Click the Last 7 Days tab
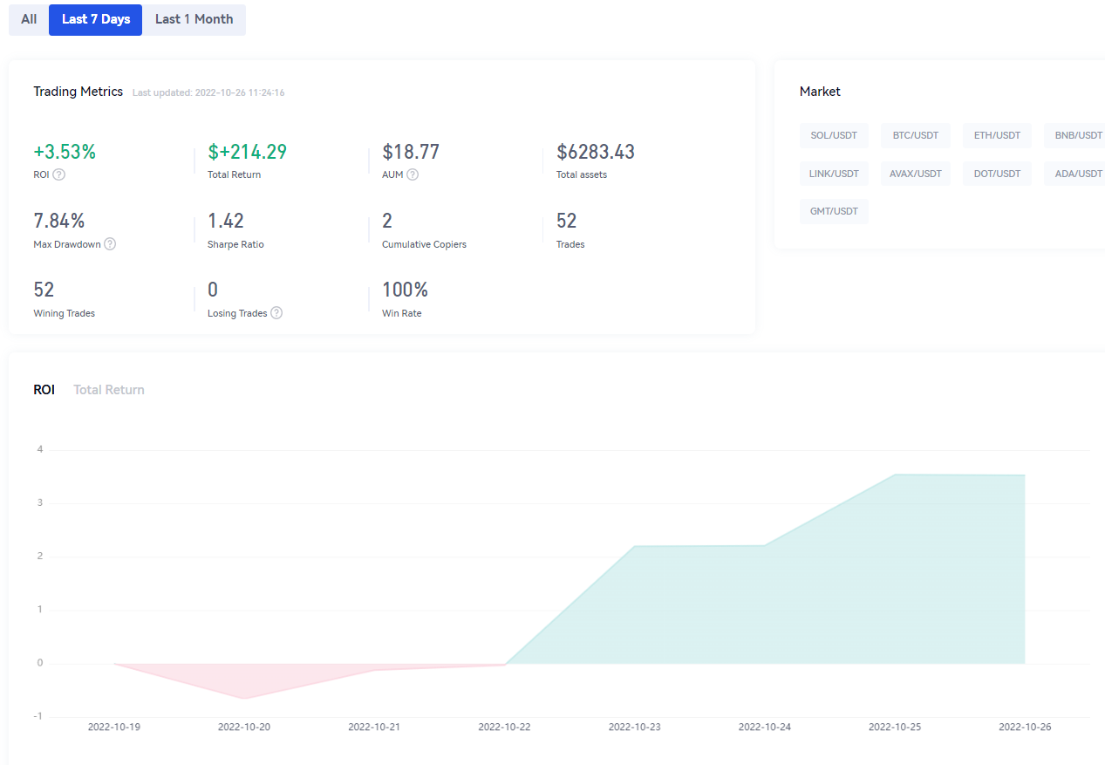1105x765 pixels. click(95, 19)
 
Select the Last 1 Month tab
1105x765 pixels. click(194, 19)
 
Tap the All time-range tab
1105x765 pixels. click(29, 19)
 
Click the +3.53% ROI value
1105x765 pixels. click(65, 152)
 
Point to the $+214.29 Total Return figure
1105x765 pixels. click(247, 152)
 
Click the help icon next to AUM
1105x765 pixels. click(413, 174)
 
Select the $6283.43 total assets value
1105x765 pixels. click(595, 152)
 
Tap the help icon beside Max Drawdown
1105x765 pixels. click(110, 244)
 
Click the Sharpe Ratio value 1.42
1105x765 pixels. click(225, 221)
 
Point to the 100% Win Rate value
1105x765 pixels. click(405, 290)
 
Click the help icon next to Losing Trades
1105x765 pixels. click(276, 313)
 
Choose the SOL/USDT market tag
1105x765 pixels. click(834, 135)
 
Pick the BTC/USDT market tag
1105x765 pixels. click(916, 135)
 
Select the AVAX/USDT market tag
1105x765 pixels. click(916, 174)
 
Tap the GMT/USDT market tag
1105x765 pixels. click(834, 211)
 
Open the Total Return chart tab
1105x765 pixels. click(109, 390)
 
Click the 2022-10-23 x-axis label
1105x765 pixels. click(635, 727)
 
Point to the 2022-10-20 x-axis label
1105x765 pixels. click(244, 727)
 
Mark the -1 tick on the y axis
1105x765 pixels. click(38, 716)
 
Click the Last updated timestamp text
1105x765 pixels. click(208, 92)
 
